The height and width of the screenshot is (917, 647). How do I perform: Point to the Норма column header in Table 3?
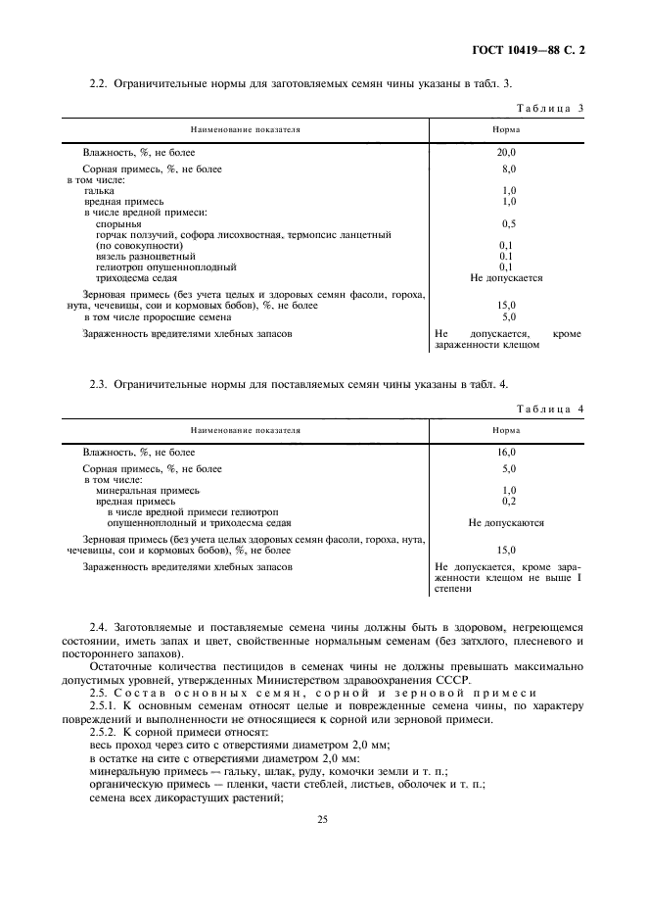[x=506, y=129]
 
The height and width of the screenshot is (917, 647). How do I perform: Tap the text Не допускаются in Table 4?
[x=506, y=522]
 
